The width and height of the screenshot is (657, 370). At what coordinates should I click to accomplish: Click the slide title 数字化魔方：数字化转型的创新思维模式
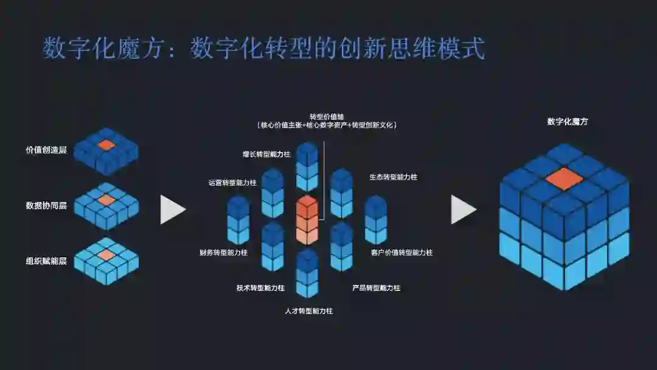pyautogui.click(x=263, y=49)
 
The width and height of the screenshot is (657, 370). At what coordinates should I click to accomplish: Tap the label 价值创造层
pyautogui.click(x=46, y=150)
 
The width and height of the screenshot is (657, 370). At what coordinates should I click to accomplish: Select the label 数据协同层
pyautogui.click(x=46, y=205)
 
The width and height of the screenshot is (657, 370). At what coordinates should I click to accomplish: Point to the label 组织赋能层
pyautogui.click(x=46, y=261)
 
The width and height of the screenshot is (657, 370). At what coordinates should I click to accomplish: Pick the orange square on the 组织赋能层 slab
pyautogui.click(x=106, y=255)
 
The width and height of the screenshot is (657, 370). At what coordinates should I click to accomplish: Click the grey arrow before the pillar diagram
pyautogui.click(x=172, y=209)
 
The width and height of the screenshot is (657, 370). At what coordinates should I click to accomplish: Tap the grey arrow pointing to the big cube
pyautogui.click(x=463, y=209)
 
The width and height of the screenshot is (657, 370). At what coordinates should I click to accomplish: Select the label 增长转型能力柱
pyautogui.click(x=266, y=155)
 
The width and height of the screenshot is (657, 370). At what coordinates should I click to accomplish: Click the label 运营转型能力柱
pyautogui.click(x=232, y=183)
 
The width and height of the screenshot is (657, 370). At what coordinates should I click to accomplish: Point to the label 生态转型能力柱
pyautogui.click(x=394, y=177)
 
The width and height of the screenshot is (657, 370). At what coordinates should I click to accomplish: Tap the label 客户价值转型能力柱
pyautogui.click(x=401, y=252)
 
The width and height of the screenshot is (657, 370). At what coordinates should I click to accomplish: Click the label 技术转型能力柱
pyautogui.click(x=260, y=288)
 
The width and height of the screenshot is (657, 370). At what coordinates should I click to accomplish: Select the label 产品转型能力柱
pyautogui.click(x=376, y=288)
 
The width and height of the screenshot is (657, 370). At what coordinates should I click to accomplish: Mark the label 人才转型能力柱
pyautogui.click(x=309, y=311)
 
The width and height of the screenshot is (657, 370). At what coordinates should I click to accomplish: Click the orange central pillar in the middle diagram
pyautogui.click(x=307, y=220)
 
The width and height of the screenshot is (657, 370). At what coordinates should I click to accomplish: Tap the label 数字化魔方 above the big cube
pyautogui.click(x=568, y=122)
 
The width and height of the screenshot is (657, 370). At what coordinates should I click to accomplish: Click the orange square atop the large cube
pyautogui.click(x=565, y=178)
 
